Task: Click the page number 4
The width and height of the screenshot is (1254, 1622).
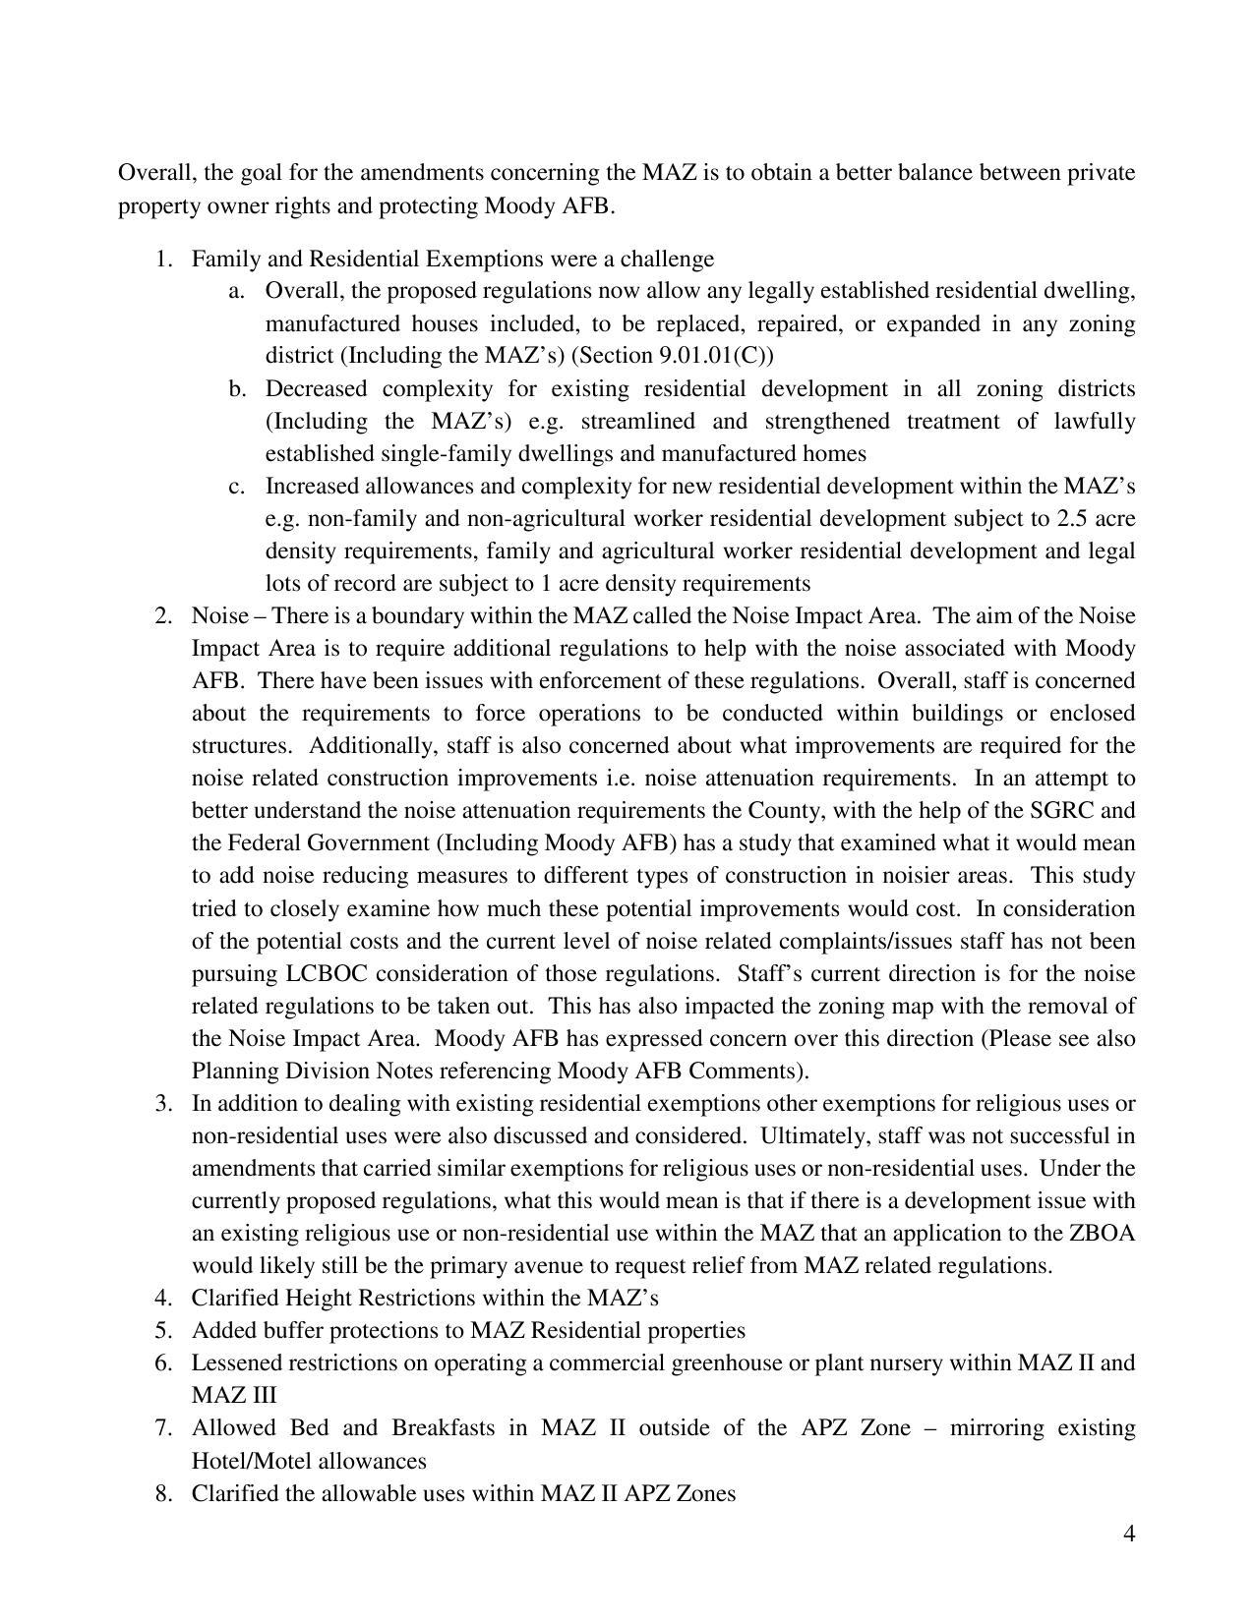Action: point(1128,1534)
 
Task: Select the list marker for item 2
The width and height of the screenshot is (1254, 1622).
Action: point(163,616)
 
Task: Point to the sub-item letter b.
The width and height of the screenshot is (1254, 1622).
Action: point(236,389)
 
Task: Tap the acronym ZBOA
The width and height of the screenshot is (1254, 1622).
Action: point(1102,1234)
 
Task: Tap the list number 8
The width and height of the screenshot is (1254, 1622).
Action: point(163,1494)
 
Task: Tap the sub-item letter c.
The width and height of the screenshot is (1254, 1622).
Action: point(236,487)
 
